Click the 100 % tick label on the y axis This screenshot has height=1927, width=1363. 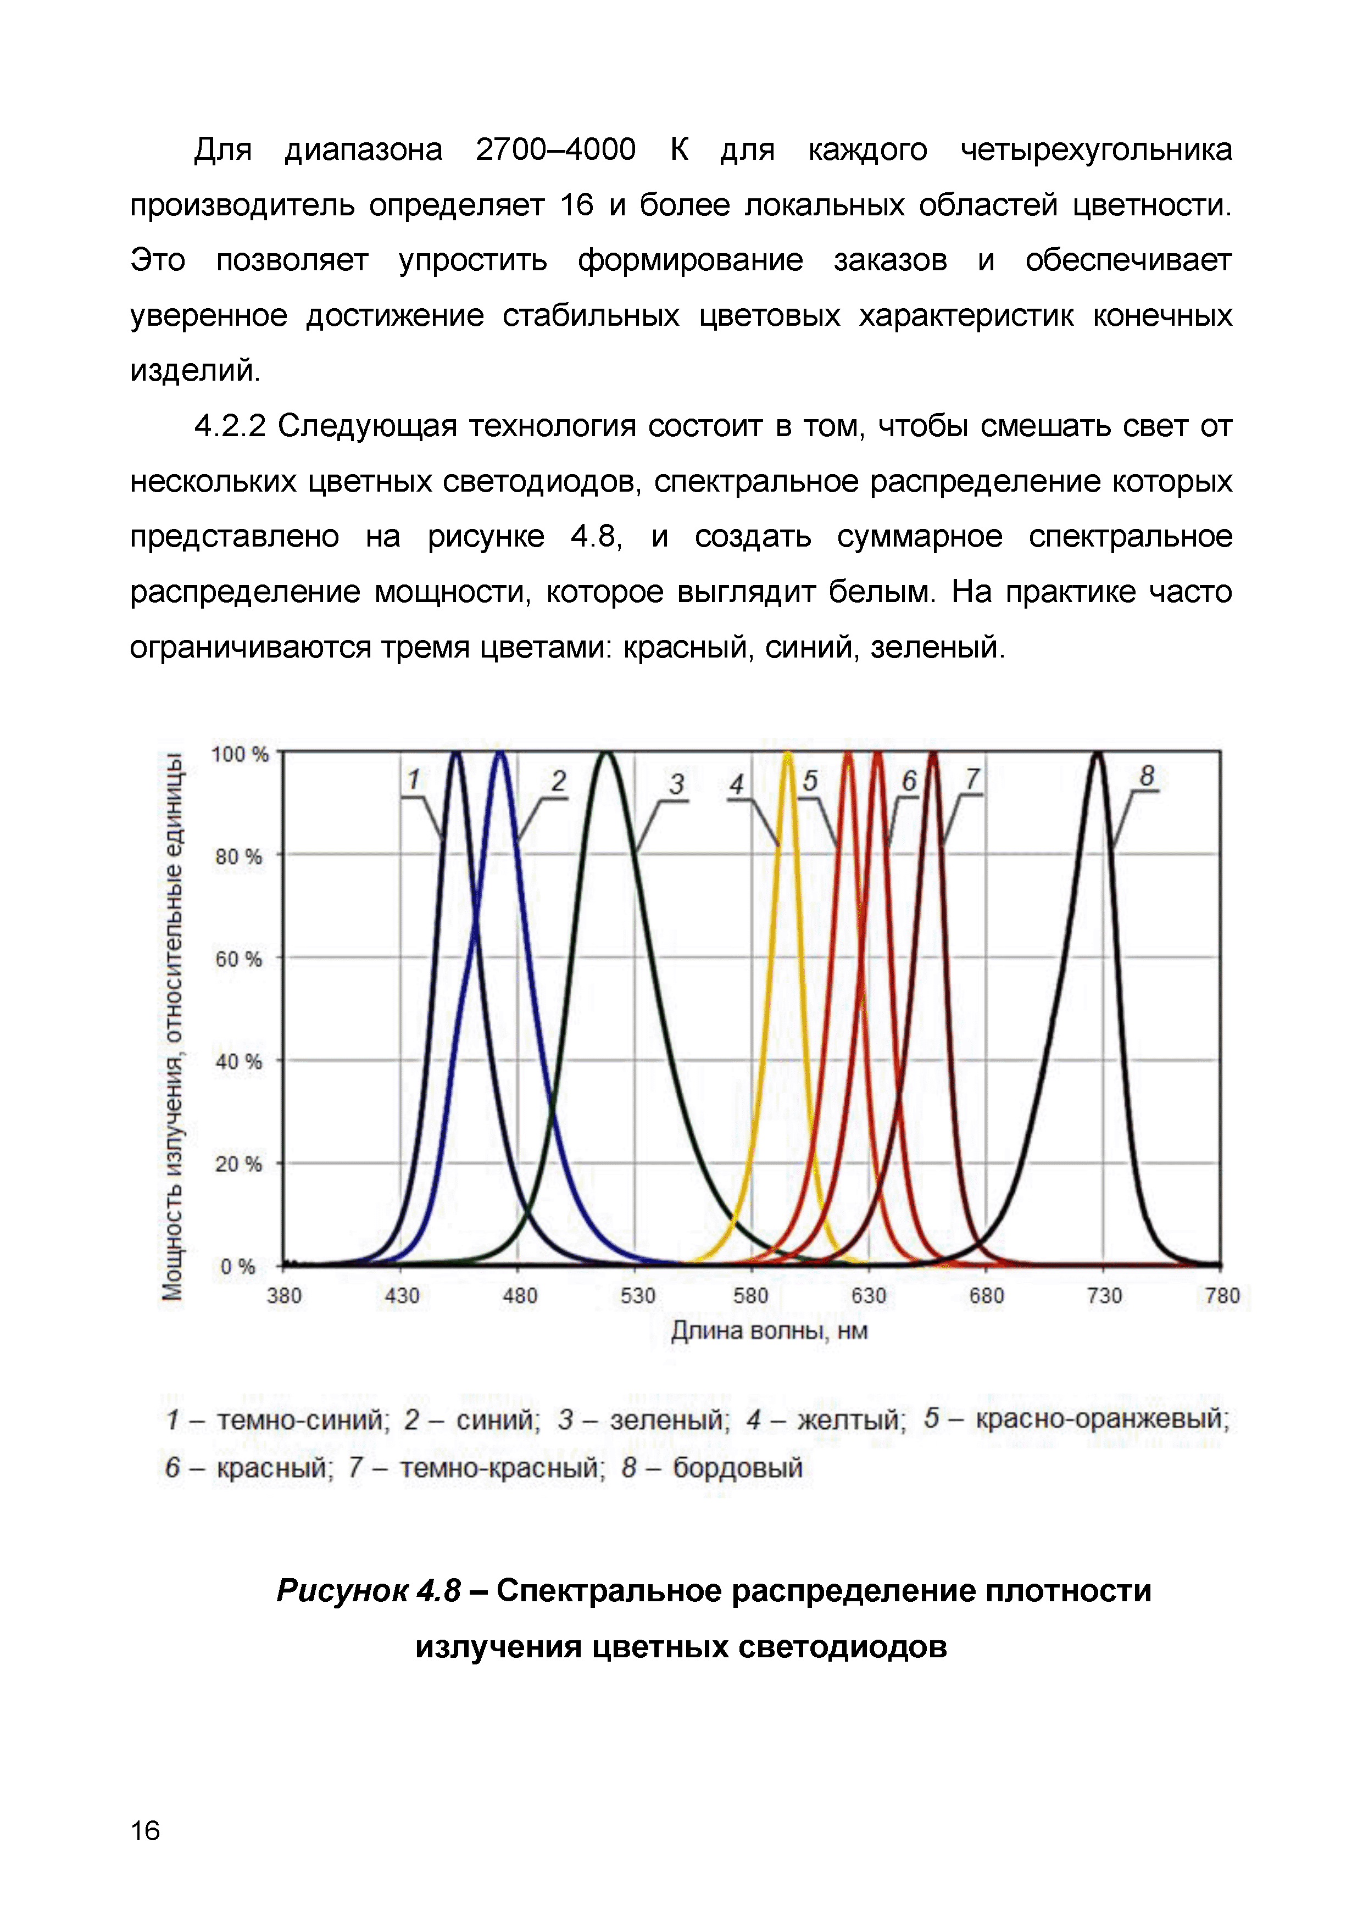click(x=239, y=755)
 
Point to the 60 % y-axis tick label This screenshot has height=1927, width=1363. click(x=238, y=959)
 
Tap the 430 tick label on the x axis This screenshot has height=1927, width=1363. click(x=402, y=1296)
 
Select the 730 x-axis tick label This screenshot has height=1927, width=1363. click(x=1104, y=1296)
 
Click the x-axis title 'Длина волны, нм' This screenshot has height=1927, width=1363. click(x=769, y=1331)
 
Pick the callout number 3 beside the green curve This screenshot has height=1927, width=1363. click(x=676, y=784)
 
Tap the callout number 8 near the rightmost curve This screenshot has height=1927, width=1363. click(x=1147, y=776)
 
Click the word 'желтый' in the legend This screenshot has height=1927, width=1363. click(x=851, y=1420)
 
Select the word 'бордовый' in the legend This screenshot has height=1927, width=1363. click(x=738, y=1468)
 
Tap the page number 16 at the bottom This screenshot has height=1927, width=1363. click(x=145, y=1830)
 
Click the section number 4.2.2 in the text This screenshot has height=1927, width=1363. click(x=230, y=426)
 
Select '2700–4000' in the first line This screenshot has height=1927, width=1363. click(x=555, y=149)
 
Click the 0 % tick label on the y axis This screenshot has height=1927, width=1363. click(x=237, y=1267)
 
